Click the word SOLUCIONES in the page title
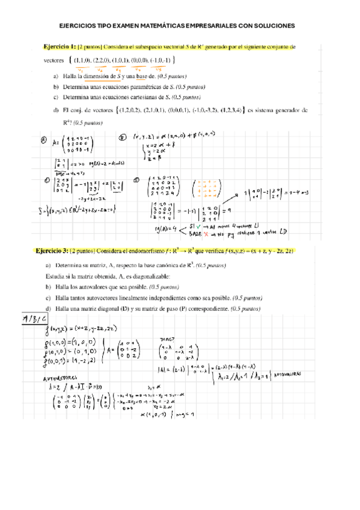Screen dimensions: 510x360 pyautogui.click(x=274, y=26)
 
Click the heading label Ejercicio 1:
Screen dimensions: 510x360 pyautogui.click(x=60, y=46)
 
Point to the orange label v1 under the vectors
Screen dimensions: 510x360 pyautogui.click(x=80, y=69)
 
